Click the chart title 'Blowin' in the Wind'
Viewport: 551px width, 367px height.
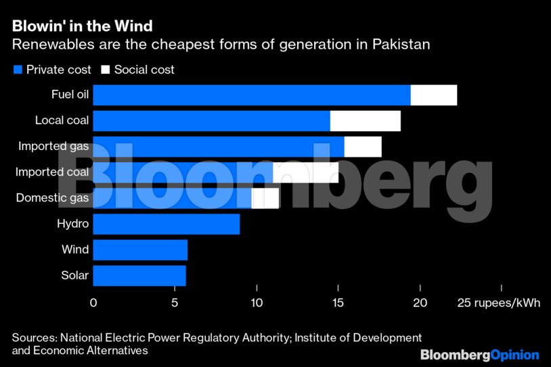click(81, 26)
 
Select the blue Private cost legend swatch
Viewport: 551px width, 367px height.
click(17, 70)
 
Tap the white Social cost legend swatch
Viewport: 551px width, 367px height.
click(105, 70)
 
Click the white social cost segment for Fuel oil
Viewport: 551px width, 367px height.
click(433, 95)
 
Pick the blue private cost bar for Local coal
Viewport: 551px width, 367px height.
click(211, 121)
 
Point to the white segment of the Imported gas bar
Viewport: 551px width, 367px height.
click(363, 147)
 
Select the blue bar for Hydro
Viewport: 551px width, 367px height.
click(166, 224)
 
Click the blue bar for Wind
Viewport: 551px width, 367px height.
click(140, 249)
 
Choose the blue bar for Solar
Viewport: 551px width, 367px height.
click(139, 275)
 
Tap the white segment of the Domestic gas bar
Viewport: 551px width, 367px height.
click(265, 198)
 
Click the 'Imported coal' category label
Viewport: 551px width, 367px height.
click(52, 172)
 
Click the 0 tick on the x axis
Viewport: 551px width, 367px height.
click(93, 302)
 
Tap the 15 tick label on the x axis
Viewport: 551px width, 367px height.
click(338, 302)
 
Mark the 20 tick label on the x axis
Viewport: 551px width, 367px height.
click(420, 302)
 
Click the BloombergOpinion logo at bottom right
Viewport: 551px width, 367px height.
click(479, 355)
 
